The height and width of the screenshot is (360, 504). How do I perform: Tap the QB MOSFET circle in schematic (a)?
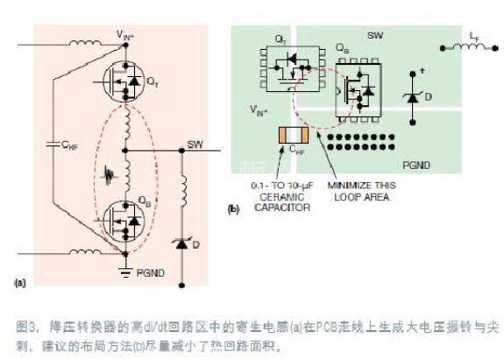[x=124, y=223]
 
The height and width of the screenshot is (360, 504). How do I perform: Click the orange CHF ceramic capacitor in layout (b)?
[x=292, y=136]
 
